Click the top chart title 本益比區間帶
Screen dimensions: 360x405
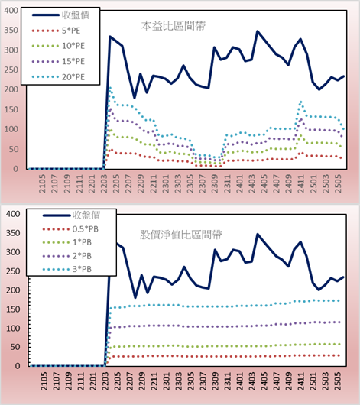pyautogui.click(x=174, y=26)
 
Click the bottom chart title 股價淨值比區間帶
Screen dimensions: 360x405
pyautogui.click(x=180, y=235)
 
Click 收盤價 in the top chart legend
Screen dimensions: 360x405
pyautogui.click(x=76, y=15)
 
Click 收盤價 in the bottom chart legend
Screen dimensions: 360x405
pyautogui.click(x=86, y=215)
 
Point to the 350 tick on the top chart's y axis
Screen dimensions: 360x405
pyautogui.click(x=11, y=31)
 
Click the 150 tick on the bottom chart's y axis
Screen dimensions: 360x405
pyautogui.click(x=13, y=309)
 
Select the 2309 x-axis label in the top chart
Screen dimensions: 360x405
pyautogui.click(x=215, y=183)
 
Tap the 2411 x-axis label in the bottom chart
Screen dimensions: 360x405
pyautogui.click(x=301, y=381)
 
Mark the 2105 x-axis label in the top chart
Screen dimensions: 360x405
pyautogui.click(x=42, y=183)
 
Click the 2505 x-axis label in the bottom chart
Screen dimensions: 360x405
pyautogui.click(x=338, y=381)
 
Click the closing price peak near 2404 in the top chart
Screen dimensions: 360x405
pyautogui.click(x=257, y=31)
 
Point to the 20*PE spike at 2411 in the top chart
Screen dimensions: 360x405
pyautogui.click(x=301, y=102)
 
